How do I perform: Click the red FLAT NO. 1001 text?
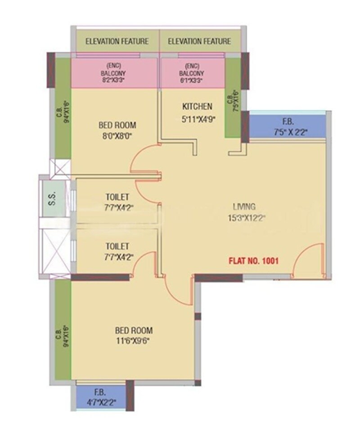[254, 260]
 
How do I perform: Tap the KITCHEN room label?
[197, 107]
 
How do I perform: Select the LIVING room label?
[244, 207]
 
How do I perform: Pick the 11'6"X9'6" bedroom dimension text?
[132, 341]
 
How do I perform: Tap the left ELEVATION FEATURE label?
[117, 41]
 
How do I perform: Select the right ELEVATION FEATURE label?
[199, 41]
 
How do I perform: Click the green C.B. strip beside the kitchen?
[233, 99]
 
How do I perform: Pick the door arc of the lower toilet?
[144, 263]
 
